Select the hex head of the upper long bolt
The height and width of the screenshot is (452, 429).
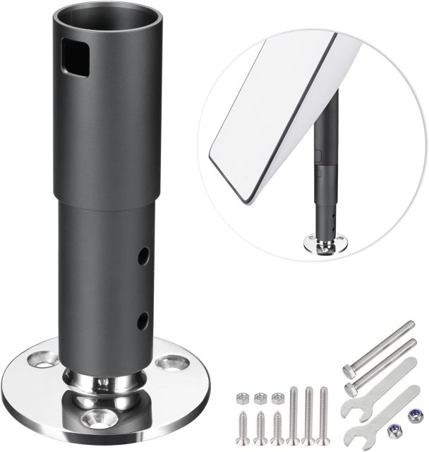click(351, 370)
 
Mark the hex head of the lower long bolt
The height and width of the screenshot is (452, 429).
click(351, 389)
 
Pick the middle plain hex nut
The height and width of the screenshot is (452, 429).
click(260, 399)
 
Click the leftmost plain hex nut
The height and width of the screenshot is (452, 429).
click(243, 400)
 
